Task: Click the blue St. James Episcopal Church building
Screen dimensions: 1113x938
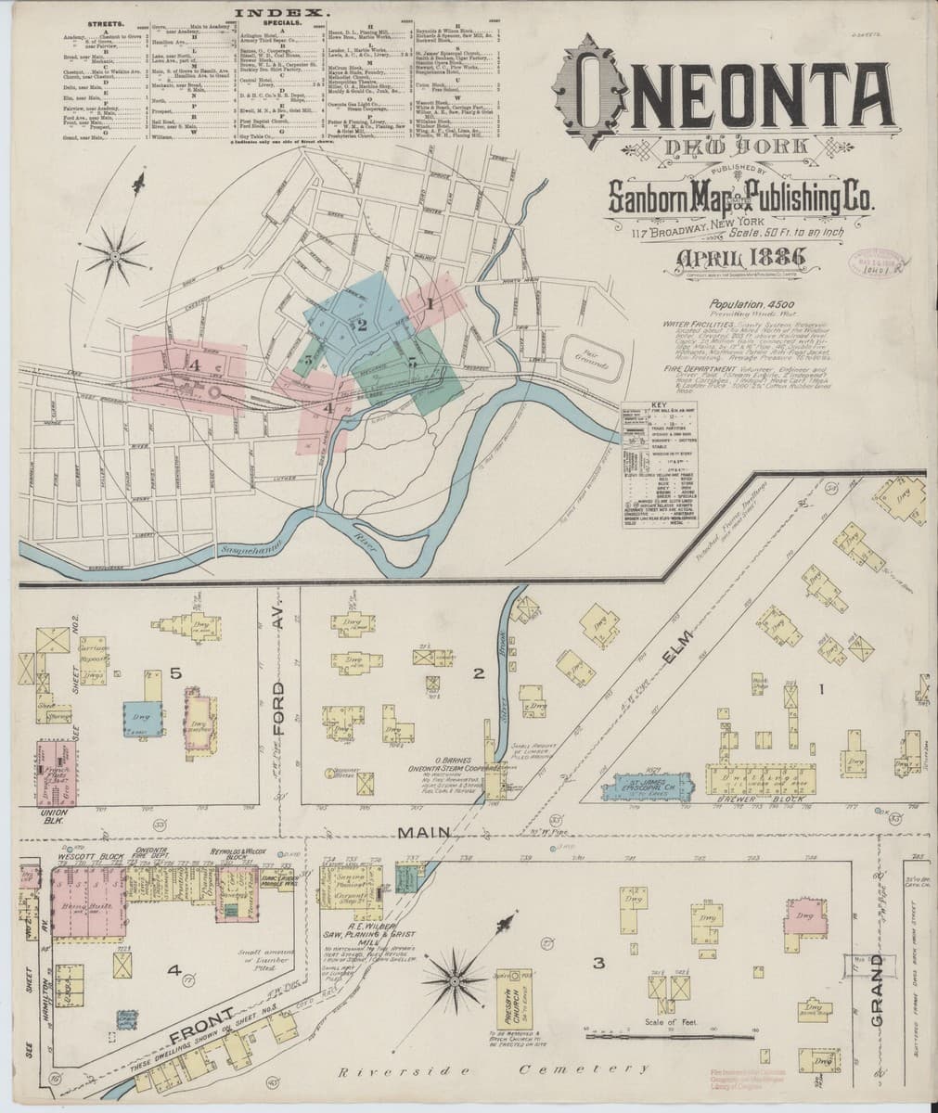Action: (649, 786)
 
